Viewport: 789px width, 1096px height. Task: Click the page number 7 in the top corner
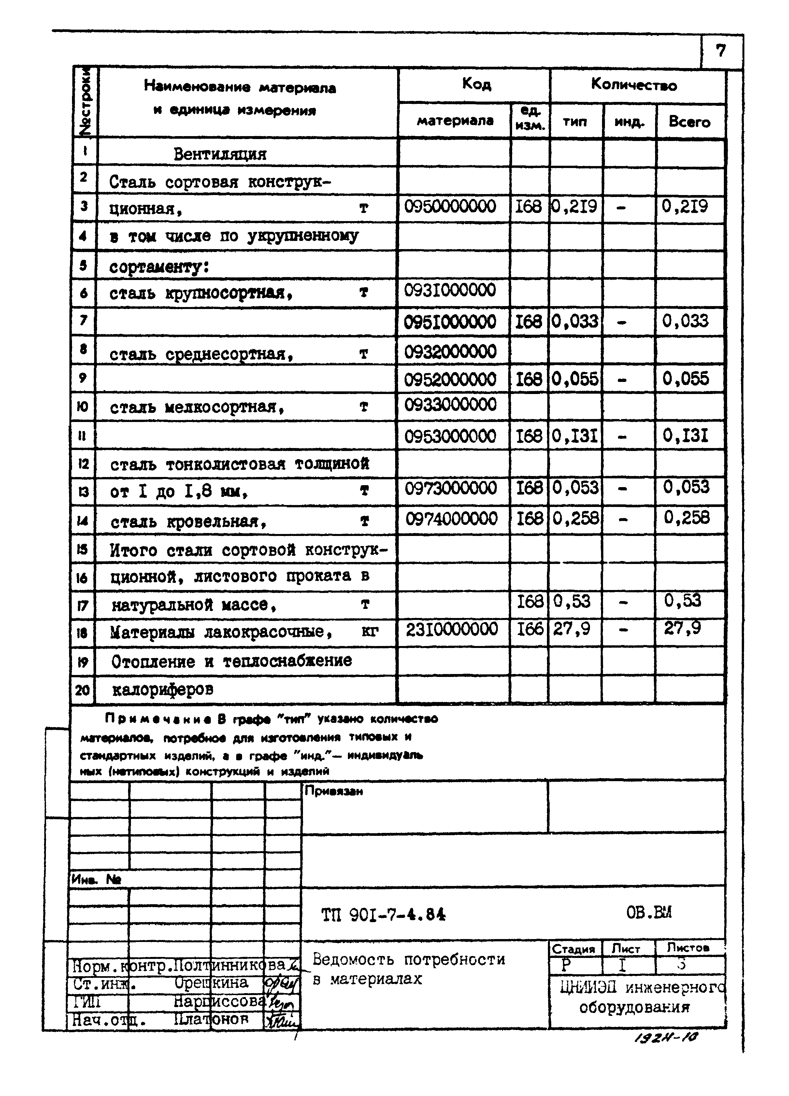click(x=720, y=51)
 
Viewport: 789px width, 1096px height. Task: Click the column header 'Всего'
click(x=689, y=121)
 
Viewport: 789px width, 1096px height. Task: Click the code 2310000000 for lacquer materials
click(x=452, y=629)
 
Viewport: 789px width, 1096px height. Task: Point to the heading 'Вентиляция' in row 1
click(x=220, y=154)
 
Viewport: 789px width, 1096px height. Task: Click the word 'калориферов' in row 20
click(x=163, y=690)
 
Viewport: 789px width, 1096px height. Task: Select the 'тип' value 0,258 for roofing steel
click(x=575, y=518)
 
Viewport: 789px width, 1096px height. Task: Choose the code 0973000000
click(x=451, y=488)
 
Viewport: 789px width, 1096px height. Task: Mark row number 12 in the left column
click(x=83, y=464)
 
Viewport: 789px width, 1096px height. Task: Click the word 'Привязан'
click(x=334, y=792)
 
